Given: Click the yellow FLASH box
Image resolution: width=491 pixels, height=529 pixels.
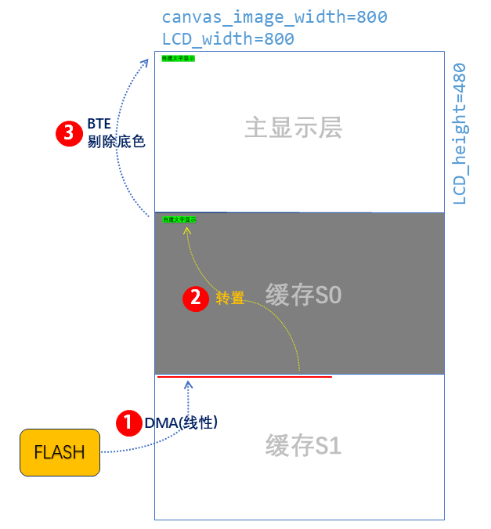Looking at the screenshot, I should pyautogui.click(x=60, y=452).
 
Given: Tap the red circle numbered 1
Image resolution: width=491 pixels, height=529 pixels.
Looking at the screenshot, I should pyautogui.click(x=128, y=422).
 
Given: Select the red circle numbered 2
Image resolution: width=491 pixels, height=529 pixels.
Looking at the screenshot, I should pyautogui.click(x=195, y=298).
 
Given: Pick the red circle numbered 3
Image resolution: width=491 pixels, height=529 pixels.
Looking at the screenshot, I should pyautogui.click(x=69, y=133).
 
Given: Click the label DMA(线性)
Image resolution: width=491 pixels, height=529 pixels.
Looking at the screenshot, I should pyautogui.click(x=181, y=422).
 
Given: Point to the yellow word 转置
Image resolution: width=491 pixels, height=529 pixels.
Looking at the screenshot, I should pyautogui.click(x=230, y=298).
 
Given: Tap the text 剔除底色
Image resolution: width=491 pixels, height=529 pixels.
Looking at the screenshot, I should pyautogui.click(x=117, y=143).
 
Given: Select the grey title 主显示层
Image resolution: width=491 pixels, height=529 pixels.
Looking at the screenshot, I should pyautogui.click(x=294, y=128).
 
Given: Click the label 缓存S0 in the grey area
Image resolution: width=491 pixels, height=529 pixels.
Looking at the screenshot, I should pyautogui.click(x=304, y=295).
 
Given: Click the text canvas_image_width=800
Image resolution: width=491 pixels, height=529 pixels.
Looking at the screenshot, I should pyautogui.click(x=274, y=17).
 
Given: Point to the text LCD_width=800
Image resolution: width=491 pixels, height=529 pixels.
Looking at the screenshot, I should pyautogui.click(x=228, y=38).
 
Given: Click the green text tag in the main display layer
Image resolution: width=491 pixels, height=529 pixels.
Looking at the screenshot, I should pyautogui.click(x=178, y=58).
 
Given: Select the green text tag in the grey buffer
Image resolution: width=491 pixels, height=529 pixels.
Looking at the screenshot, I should pyautogui.click(x=179, y=219).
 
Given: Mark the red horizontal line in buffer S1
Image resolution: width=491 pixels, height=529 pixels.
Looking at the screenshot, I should pyautogui.click(x=244, y=377).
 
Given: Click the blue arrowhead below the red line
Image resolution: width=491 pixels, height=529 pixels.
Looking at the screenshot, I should pyautogui.click(x=188, y=384).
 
